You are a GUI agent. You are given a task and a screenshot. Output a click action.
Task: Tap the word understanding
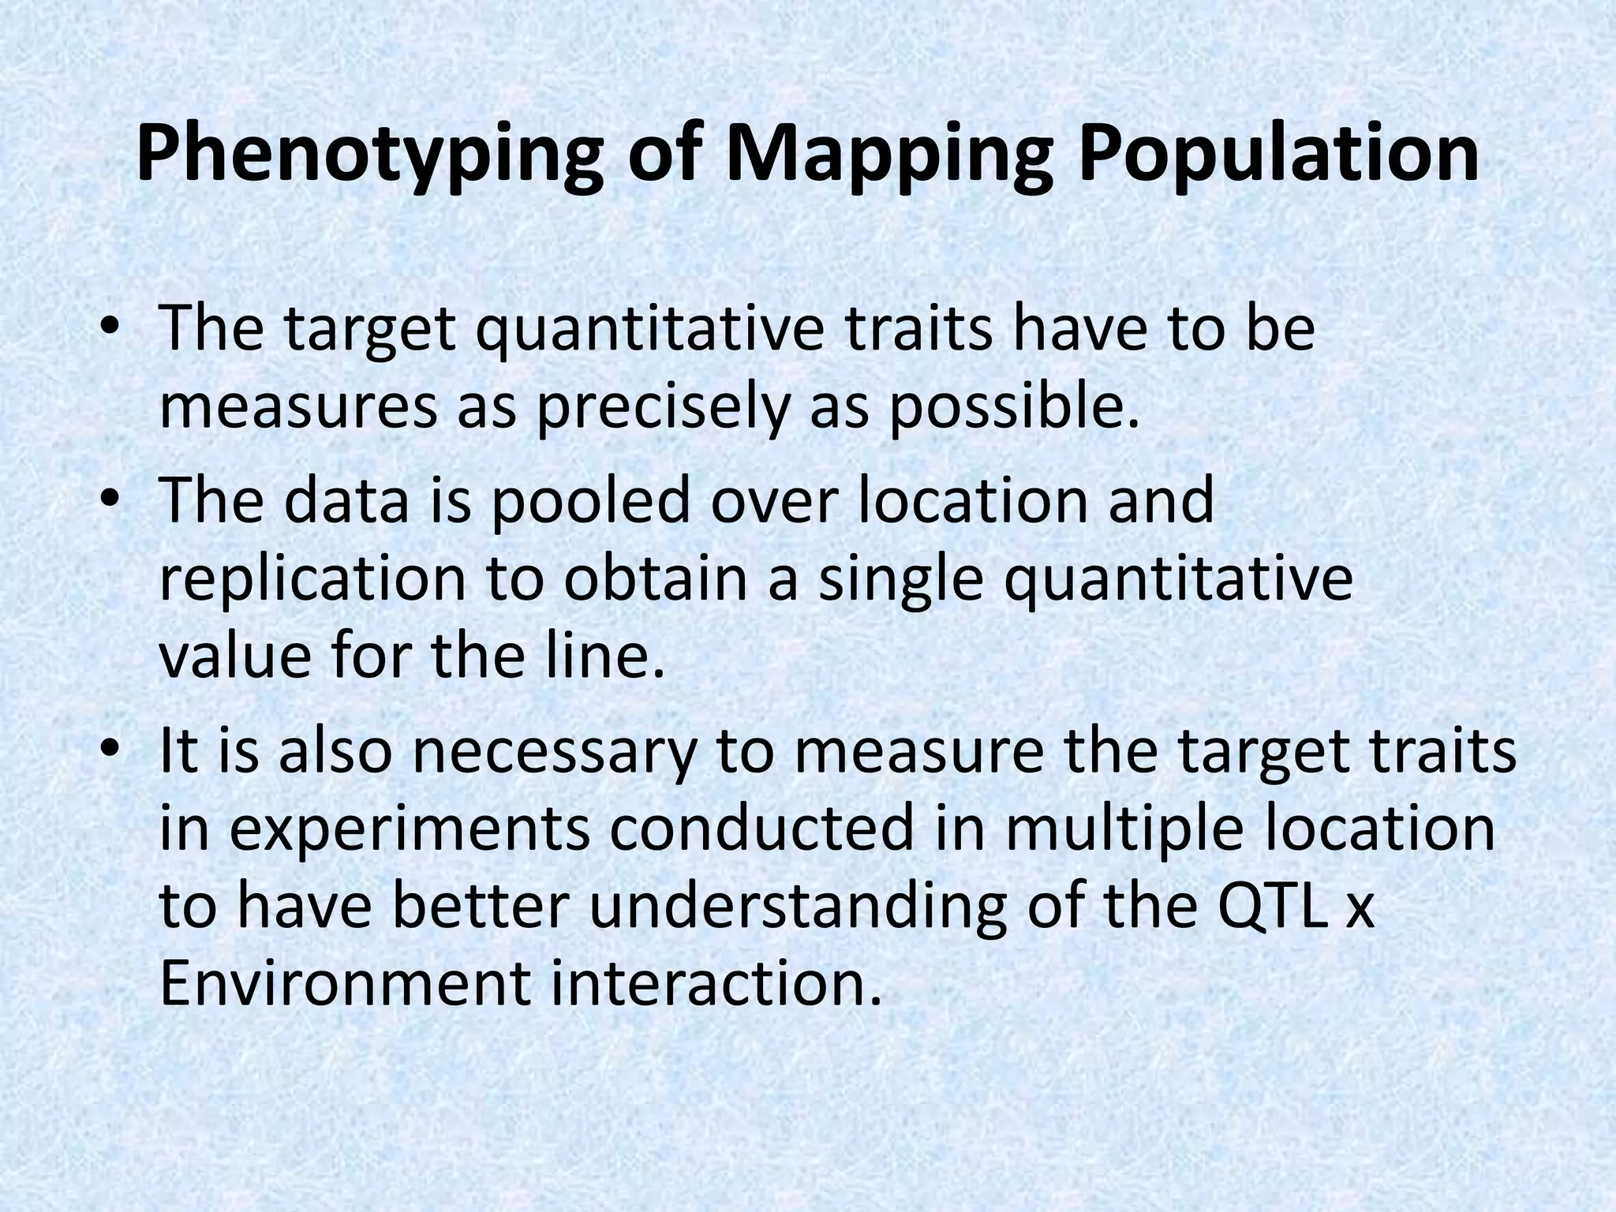tap(797, 907)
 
